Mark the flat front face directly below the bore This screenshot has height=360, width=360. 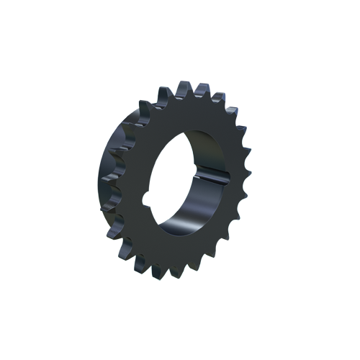(x=180, y=252)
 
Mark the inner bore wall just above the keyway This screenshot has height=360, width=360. (x=209, y=155)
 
